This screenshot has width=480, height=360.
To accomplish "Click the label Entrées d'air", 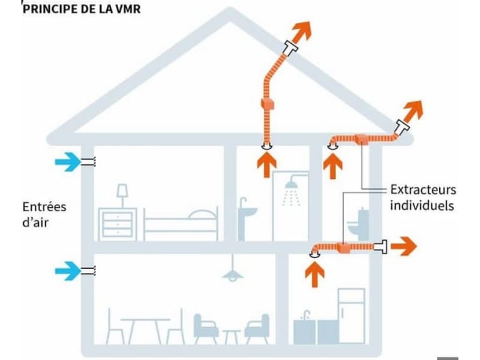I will click(44, 215).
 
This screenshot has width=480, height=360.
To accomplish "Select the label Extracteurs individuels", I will click(423, 197).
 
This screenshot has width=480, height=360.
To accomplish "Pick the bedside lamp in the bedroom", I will click(122, 194).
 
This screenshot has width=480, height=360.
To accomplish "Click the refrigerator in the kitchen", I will click(351, 315).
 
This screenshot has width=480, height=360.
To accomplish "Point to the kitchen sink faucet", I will click(306, 314).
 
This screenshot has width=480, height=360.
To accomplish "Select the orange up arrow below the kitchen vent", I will click(314, 273).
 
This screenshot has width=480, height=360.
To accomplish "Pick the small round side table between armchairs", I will click(232, 335).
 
